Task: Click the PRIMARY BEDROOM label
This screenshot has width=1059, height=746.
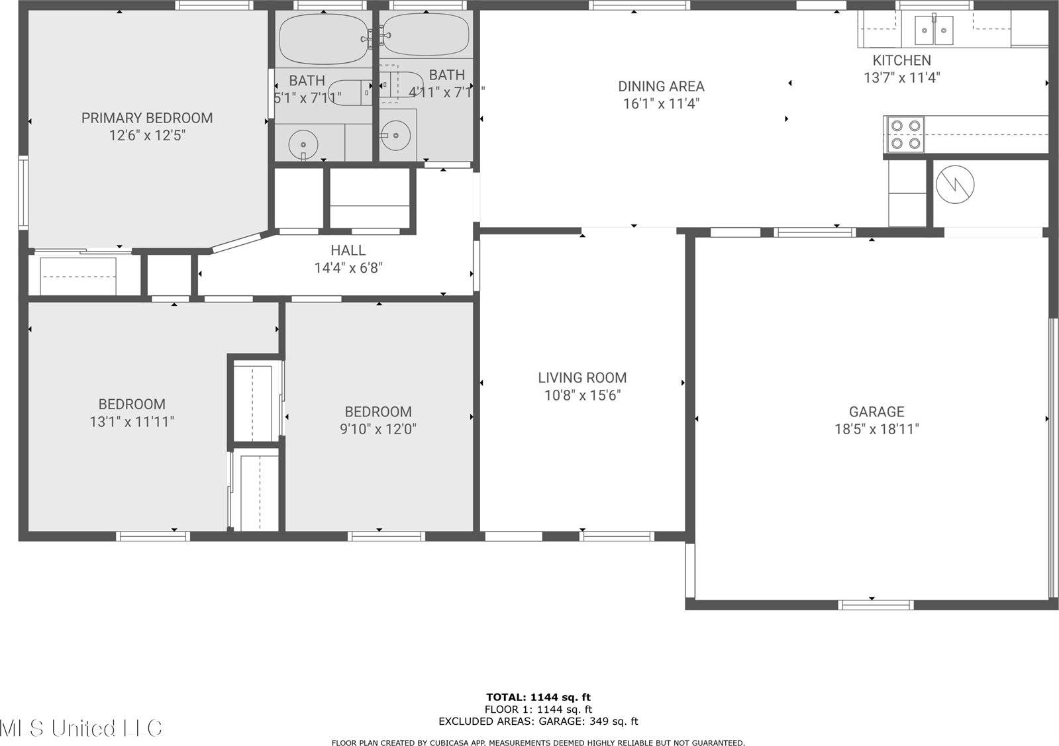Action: coord(147,118)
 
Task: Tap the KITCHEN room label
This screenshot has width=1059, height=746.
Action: coord(901,60)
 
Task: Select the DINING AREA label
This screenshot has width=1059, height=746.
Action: coord(661,86)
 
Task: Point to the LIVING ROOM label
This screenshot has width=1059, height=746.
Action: coord(582,377)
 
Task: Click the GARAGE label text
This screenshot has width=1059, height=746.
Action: coord(876,411)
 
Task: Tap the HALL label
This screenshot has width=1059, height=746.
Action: coord(348,250)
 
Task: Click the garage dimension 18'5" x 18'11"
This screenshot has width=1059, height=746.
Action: coord(876,429)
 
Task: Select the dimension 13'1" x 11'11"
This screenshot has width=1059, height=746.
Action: coord(132,422)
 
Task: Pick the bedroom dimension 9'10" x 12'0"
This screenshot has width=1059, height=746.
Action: coord(378,429)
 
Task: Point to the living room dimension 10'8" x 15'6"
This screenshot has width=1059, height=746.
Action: coord(582,395)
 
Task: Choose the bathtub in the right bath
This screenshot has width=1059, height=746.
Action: coord(425,35)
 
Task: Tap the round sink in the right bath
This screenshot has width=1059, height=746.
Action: coord(396,135)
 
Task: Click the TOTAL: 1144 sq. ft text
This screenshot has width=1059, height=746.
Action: coord(538,696)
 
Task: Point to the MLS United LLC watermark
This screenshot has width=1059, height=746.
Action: coord(81,728)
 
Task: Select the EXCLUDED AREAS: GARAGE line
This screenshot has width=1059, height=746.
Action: coord(538,722)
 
